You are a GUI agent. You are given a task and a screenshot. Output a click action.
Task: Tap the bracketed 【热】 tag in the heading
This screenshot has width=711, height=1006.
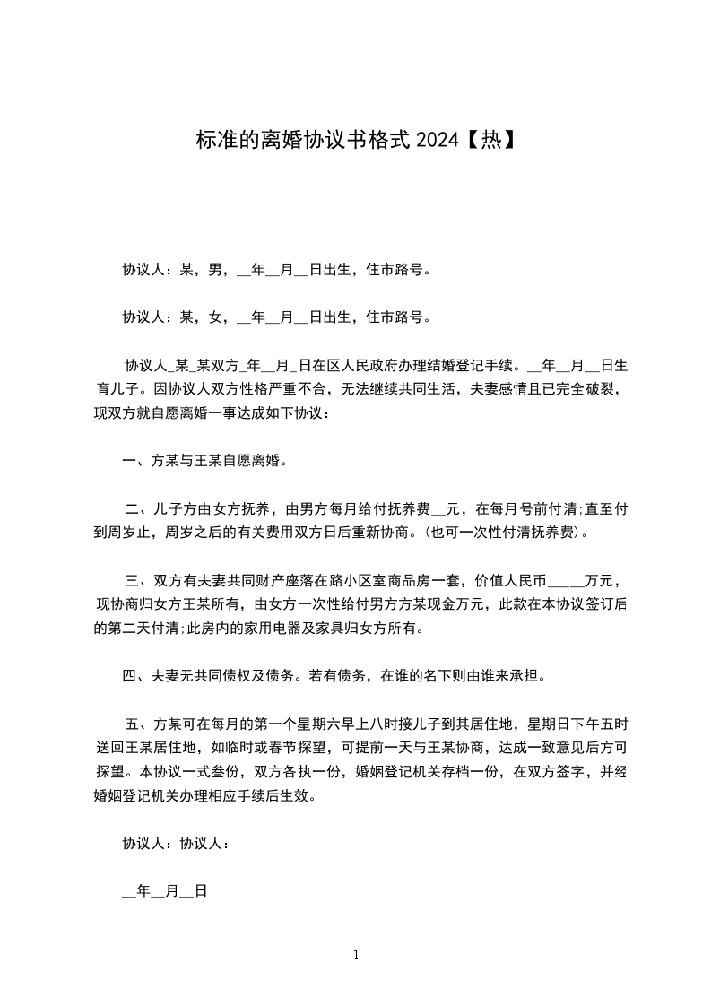490,140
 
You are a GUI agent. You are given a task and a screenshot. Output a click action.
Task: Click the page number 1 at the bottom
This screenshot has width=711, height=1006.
356,955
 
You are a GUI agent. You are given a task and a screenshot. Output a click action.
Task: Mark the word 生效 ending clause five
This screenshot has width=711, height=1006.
300,796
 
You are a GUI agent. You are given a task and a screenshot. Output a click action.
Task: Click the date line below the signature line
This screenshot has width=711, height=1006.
165,892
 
